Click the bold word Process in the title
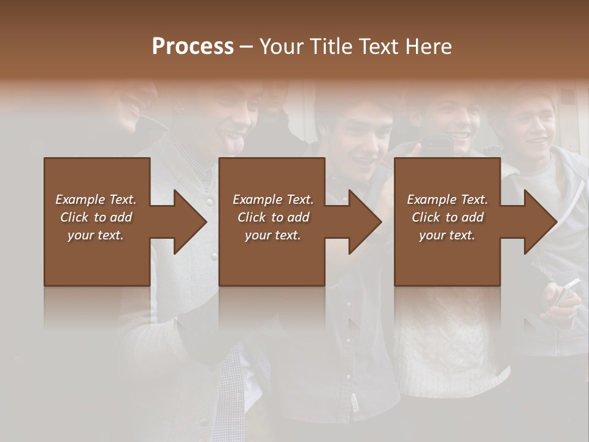[193, 47]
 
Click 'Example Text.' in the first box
[96, 200]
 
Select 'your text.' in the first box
[96, 235]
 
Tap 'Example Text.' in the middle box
[273, 200]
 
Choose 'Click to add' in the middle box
[273, 217]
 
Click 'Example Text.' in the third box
[447, 200]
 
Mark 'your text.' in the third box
[447, 235]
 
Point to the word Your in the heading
[280, 47]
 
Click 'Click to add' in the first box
[96, 217]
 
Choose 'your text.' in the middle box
[273, 235]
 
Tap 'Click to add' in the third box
[447, 217]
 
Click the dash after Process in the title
[246, 47]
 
